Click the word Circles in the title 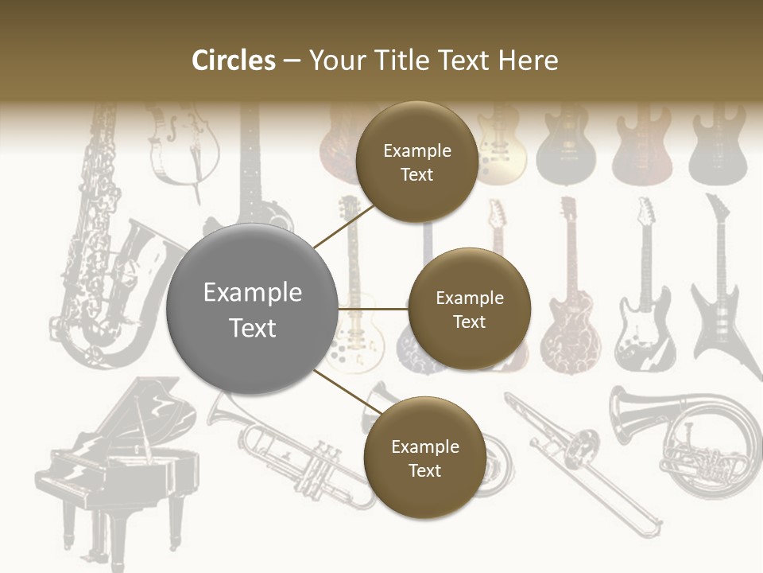tap(233, 60)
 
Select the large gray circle tap(252, 309)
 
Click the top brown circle tap(416, 162)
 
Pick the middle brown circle tap(469, 309)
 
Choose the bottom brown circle tap(424, 458)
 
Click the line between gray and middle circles tap(373, 309)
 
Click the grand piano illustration tap(119, 462)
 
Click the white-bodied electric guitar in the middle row tap(644, 302)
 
